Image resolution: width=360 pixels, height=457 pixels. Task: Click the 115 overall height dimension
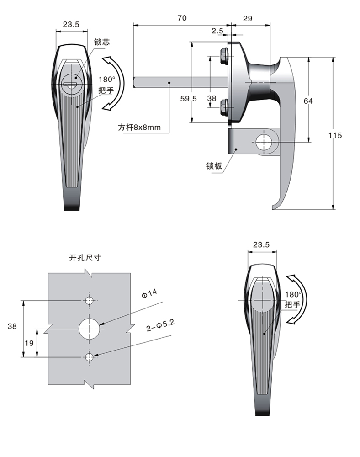tap(335, 135)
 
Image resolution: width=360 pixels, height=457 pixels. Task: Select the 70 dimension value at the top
tap(182, 18)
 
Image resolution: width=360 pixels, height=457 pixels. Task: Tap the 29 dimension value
tap(247, 19)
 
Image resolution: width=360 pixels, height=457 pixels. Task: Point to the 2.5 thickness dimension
tap(217, 31)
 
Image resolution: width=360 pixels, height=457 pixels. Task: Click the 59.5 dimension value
tap(188, 99)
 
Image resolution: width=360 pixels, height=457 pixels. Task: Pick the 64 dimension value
tap(308, 101)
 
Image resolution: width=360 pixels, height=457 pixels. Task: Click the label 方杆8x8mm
tap(139, 128)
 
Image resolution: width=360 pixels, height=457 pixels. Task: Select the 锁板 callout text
tap(214, 166)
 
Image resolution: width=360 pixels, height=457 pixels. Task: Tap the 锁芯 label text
tap(102, 42)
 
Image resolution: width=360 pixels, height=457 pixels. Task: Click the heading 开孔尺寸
tap(85, 258)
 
